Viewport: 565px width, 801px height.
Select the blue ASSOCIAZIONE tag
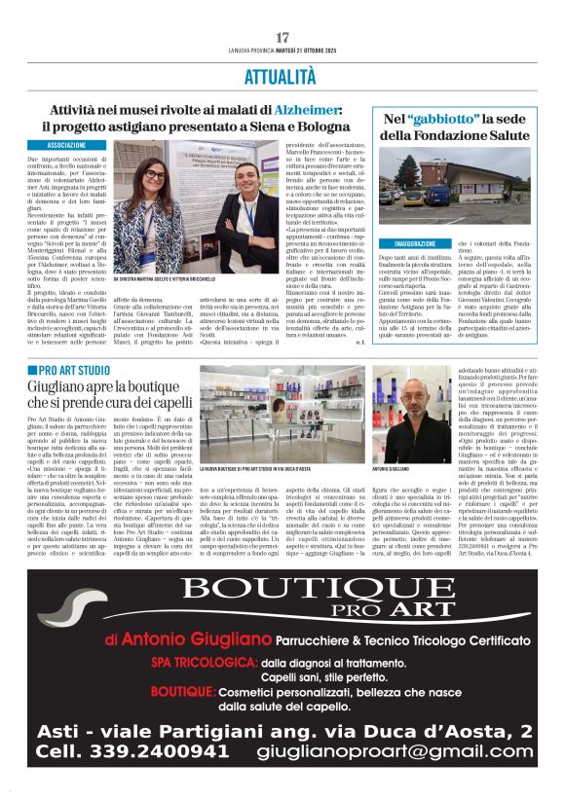(x=64, y=145)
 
